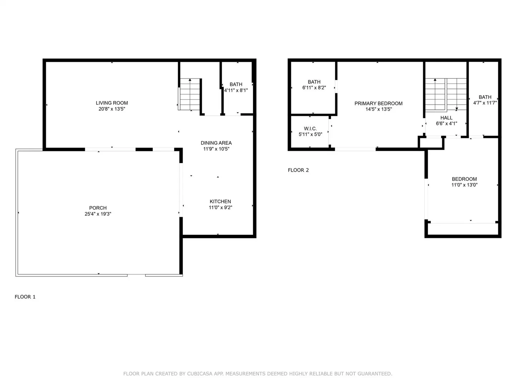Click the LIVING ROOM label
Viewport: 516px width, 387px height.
pyautogui.click(x=112, y=103)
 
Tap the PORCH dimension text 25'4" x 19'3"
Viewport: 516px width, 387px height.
pyautogui.click(x=98, y=214)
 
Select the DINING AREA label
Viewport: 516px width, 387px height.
pyautogui.click(x=216, y=143)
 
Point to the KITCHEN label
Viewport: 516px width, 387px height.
pyautogui.click(x=220, y=201)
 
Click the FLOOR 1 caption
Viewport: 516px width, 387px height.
pyautogui.click(x=25, y=297)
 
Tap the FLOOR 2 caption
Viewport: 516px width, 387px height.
pyautogui.click(x=298, y=170)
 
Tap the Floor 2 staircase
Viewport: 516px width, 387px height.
pyautogui.click(x=445, y=94)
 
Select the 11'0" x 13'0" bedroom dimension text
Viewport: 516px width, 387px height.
pyautogui.click(x=464, y=185)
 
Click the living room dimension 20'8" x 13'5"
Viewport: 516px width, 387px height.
pyautogui.click(x=112, y=109)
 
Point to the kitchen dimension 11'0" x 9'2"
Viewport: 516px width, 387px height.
pyautogui.click(x=220, y=207)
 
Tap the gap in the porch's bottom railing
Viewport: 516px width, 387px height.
pyautogui.click(x=137, y=275)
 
